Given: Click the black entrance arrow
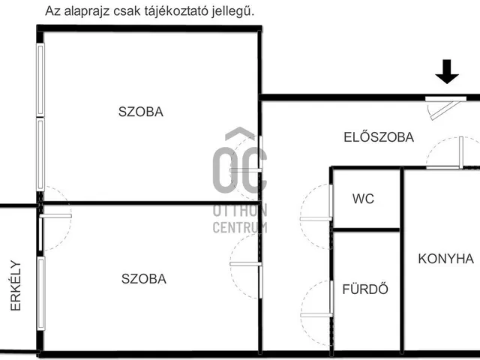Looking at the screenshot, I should [x=447, y=72].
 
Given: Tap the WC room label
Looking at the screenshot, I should [x=363, y=199].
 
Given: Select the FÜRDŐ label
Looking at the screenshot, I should [x=364, y=289].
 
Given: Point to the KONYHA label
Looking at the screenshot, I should [x=445, y=259].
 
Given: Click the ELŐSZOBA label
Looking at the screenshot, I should [x=379, y=137].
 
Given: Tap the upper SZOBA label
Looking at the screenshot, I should [x=140, y=112].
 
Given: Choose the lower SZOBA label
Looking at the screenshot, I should [x=143, y=279].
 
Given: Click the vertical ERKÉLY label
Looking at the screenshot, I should [x=15, y=286].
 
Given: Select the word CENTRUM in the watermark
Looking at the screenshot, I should [x=240, y=227].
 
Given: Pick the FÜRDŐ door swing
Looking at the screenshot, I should [x=315, y=300].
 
